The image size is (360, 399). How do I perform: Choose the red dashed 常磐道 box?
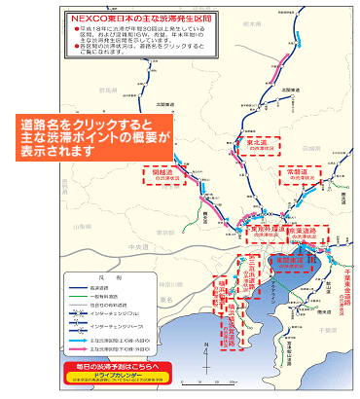pyautogui.click(x=298, y=174)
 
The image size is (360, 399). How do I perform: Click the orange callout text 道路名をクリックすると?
pyautogui.click(x=93, y=127)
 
